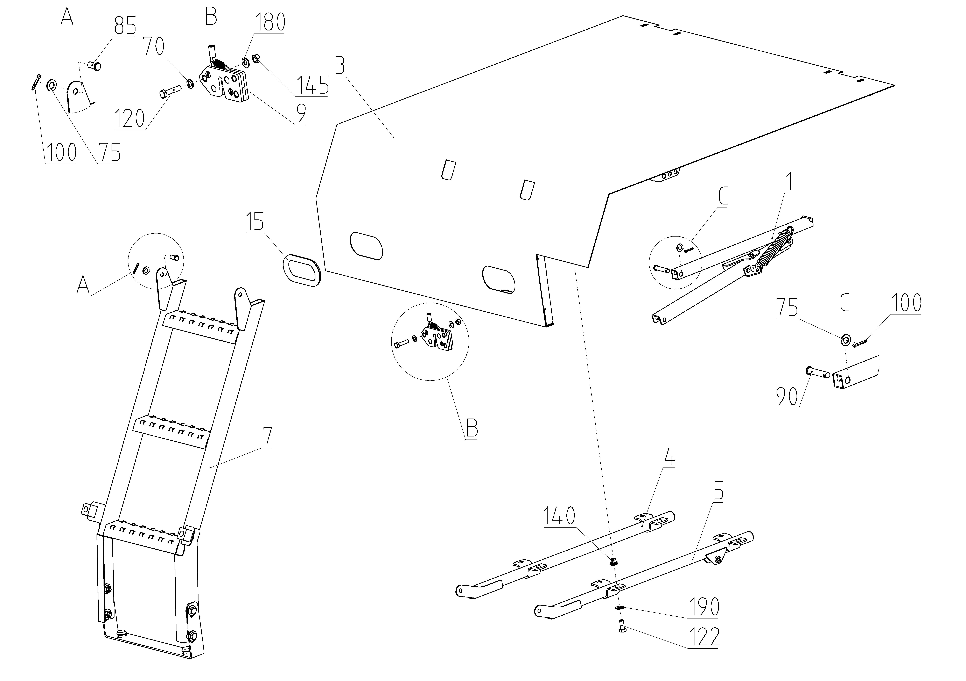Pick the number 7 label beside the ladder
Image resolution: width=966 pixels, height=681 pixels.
(267, 437)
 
